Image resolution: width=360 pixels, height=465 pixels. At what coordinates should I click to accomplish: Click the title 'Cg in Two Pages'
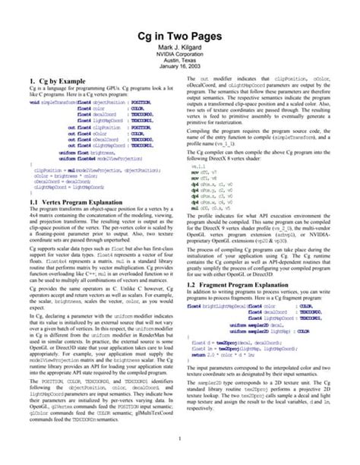coord(179,35)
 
